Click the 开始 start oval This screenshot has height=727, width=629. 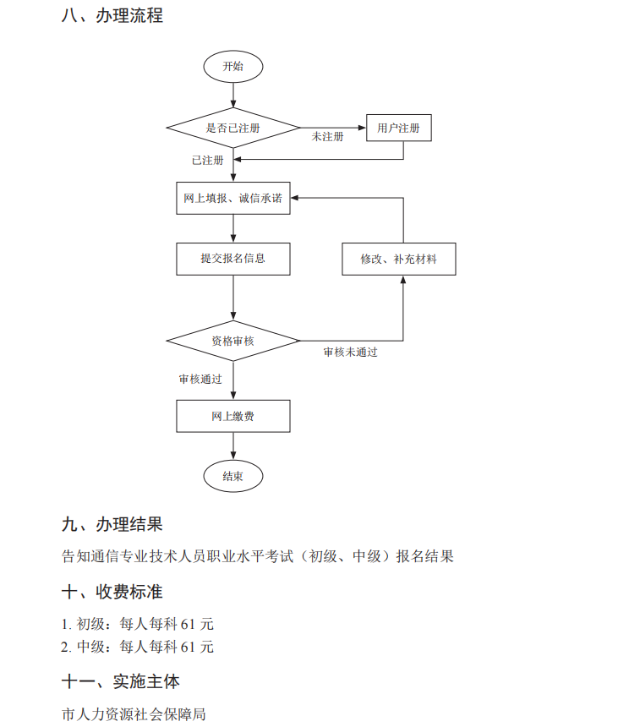click(233, 66)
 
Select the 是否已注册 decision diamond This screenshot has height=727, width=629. click(233, 128)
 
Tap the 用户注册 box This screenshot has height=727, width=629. click(398, 128)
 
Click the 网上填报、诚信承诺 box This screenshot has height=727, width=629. click(233, 199)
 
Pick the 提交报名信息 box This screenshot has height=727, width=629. click(233, 259)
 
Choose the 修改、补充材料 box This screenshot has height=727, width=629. click(398, 259)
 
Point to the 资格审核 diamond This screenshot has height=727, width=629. click(233, 341)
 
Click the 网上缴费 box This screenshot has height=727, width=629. click(233, 416)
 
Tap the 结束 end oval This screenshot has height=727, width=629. click(233, 477)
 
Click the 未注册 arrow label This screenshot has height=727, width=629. click(327, 137)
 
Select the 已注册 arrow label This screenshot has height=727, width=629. click(207, 159)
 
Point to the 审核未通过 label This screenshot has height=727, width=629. click(350, 352)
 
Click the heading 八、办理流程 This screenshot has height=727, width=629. click(112, 16)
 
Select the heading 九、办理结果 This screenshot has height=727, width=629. click(112, 526)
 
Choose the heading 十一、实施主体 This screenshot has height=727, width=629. click(121, 681)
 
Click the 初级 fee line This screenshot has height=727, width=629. click(137, 625)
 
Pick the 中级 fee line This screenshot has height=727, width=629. click(137, 648)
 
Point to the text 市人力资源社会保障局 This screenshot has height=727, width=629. click(134, 714)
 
